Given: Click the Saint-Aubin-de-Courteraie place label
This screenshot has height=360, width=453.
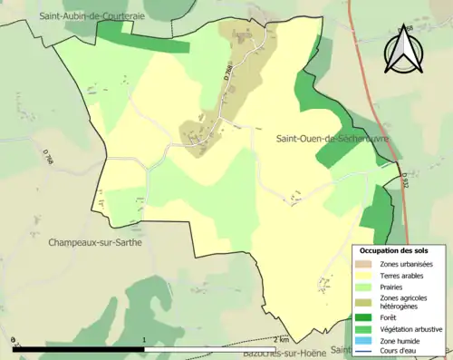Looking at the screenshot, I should tap(92, 16).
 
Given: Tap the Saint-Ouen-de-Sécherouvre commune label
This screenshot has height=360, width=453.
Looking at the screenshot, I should tap(333, 138).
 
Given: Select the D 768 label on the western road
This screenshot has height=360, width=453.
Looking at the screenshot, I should tap(47, 157).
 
